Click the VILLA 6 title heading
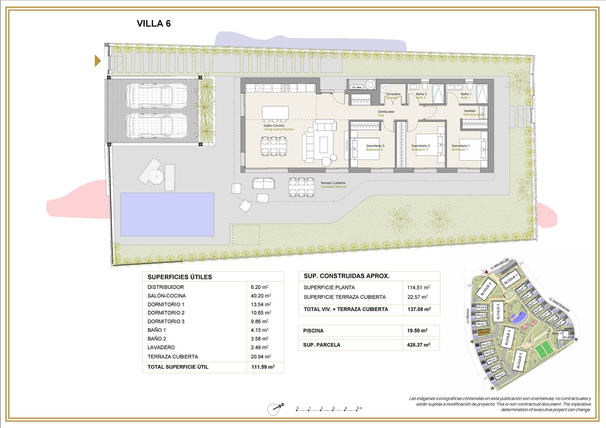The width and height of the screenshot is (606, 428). tap(154, 24)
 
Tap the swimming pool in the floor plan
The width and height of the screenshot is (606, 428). tap(167, 214)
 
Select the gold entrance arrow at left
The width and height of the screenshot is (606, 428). tap(98, 61)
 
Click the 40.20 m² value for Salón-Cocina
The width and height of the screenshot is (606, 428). tap(261, 296)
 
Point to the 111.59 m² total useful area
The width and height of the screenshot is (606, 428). tap(263, 367)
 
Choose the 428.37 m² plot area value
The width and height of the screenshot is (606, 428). tap(419, 345)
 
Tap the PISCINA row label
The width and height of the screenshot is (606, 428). tap(313, 331)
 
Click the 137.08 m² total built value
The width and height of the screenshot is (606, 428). tap(419, 309)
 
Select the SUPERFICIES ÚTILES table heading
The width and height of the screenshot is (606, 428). tap(180, 277)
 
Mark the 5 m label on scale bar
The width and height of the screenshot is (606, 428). tap(359, 408)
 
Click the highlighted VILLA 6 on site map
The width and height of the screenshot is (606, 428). tap(483, 332)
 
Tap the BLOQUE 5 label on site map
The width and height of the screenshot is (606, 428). tap(519, 360)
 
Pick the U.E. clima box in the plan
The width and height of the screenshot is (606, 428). tap(356, 87)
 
